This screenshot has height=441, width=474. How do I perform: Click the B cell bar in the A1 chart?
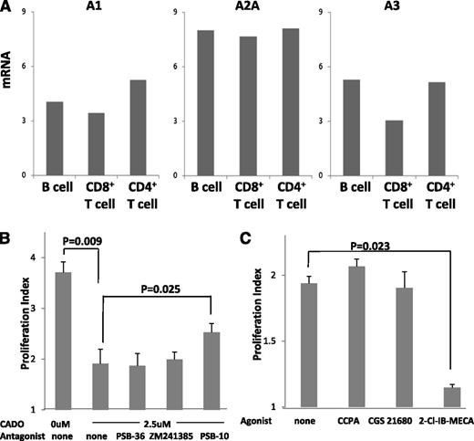pyautogui.click(x=56, y=138)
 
